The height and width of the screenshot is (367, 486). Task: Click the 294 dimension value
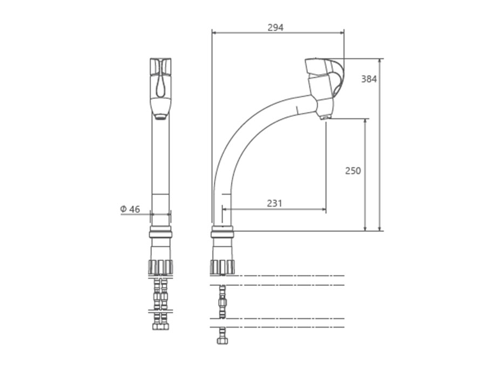tap(275, 28)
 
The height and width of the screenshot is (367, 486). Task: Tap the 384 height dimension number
tap(369, 79)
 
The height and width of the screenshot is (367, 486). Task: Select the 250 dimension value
tap(353, 171)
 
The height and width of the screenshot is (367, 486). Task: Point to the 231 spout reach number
tap(275, 203)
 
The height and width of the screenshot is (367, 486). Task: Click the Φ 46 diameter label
tap(130, 209)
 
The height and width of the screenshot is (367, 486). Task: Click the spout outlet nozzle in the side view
tap(325, 117)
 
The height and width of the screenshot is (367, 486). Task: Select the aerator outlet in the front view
tap(160, 117)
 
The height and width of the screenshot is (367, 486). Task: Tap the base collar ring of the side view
tap(222, 232)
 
